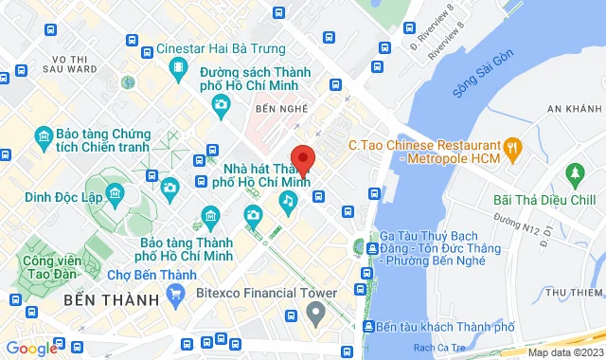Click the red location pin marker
pos(302,159)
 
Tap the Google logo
pos(31,348)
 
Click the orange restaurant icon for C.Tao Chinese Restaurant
pos(513,146)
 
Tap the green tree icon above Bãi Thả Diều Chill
pos(572,174)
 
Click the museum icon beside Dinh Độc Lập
pos(116,195)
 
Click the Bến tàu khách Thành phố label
pos(442,326)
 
